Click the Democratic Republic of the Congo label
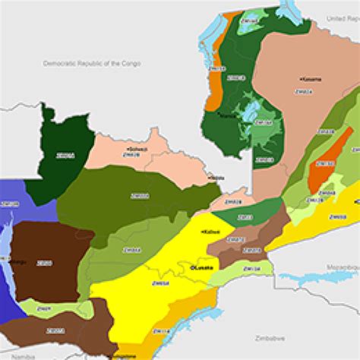point(93,64)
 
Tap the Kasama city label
point(311,79)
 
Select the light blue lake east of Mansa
point(248,112)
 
